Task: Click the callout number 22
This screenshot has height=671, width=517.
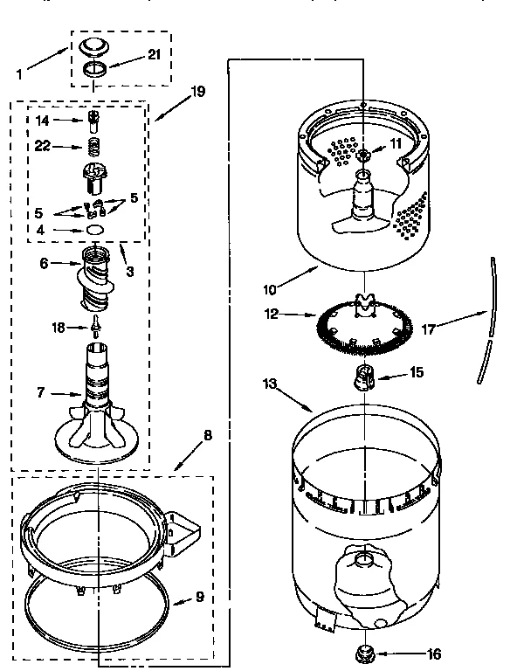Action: coord(43,146)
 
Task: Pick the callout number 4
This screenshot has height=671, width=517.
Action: coord(41,231)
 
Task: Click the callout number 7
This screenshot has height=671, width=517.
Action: coord(40,392)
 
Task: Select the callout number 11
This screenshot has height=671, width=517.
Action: coord(396,142)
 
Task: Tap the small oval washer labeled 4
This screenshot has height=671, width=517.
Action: coord(93,231)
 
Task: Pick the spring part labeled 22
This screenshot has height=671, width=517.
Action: coord(93,146)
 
